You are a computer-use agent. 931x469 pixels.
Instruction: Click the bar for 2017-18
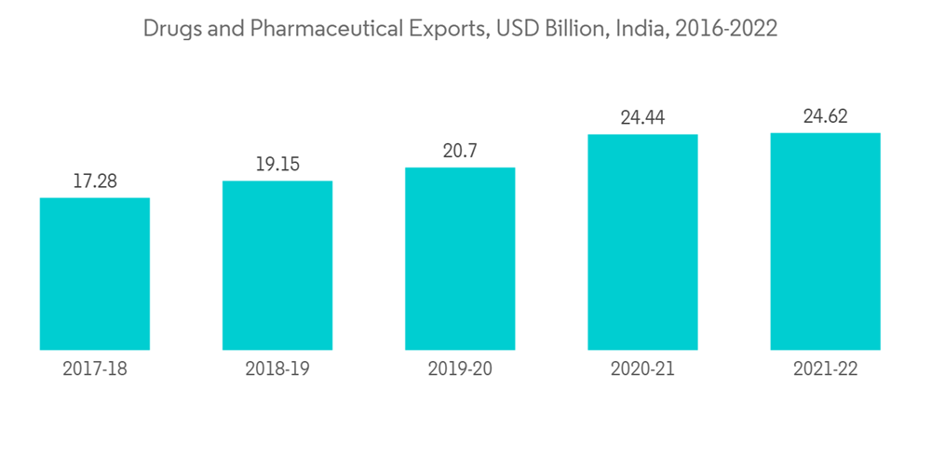pos(95,274)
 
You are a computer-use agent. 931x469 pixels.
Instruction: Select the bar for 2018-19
pos(277,265)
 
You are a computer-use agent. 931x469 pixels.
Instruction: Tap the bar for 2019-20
pos(460,259)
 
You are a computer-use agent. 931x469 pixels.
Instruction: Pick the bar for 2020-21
pos(642,242)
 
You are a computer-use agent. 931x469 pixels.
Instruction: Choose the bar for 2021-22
pos(825,241)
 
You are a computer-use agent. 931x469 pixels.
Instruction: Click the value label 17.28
pos(95,181)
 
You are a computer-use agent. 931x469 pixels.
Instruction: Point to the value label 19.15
pos(277,165)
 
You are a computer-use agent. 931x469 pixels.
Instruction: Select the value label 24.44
pos(642,118)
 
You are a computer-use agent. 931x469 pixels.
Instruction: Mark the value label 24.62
pos(825,117)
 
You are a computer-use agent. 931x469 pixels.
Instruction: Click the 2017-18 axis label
pos(95,369)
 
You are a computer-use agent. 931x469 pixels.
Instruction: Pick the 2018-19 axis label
pos(277,369)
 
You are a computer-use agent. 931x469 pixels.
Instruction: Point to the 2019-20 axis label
pos(460,369)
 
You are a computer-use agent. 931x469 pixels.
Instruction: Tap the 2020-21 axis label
pos(642,369)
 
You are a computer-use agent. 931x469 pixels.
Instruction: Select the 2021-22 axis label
pos(825,369)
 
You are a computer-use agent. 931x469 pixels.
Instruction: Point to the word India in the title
pos(641,29)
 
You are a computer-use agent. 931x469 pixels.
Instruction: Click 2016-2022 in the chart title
pos(726,29)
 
